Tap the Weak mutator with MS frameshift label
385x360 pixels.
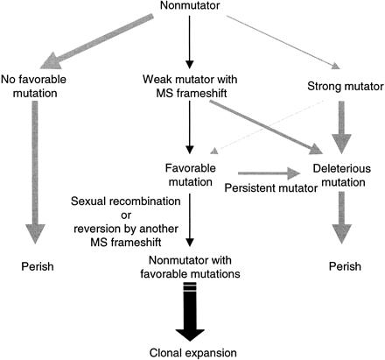point(192,88)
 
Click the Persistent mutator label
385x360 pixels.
point(263,187)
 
